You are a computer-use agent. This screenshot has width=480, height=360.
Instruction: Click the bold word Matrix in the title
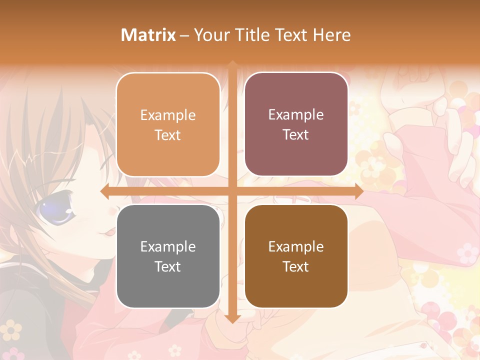point(148,35)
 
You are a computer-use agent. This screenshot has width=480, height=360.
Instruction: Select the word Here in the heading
point(331,35)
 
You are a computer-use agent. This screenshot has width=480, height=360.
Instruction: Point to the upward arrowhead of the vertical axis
point(232,64)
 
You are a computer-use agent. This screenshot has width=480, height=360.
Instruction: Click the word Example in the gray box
point(168,246)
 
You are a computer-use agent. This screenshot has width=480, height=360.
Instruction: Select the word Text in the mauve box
point(296,135)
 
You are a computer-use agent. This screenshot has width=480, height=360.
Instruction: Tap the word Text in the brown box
point(296,267)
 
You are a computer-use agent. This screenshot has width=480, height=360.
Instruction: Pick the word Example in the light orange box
point(168,115)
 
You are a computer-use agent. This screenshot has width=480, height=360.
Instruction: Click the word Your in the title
point(210,35)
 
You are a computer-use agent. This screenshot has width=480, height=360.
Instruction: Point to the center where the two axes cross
point(232,191)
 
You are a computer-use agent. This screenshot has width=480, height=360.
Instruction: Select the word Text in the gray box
point(168,267)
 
